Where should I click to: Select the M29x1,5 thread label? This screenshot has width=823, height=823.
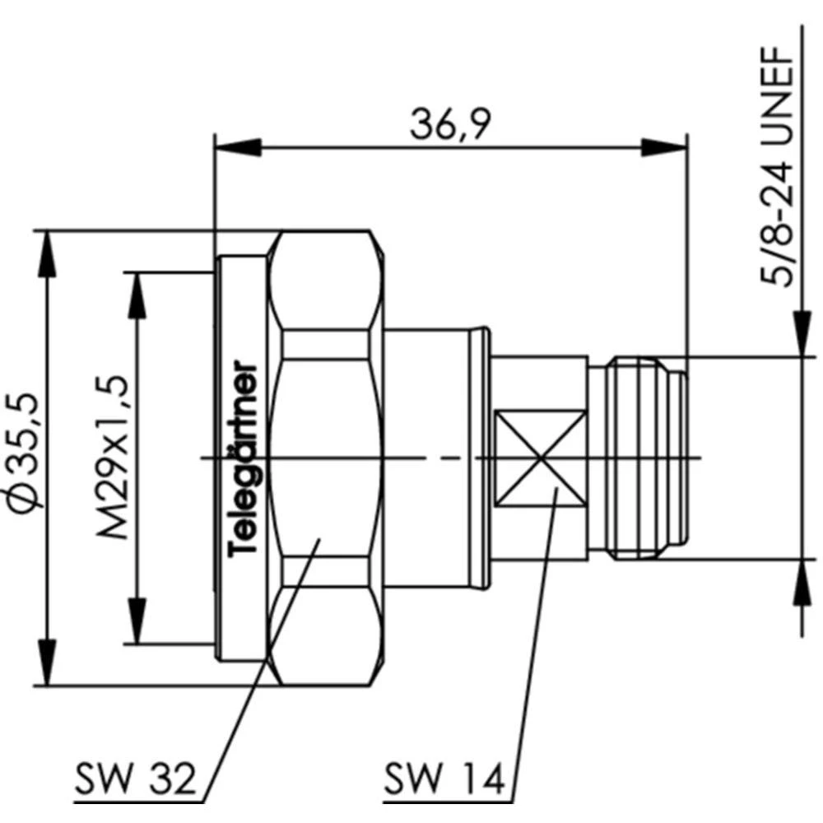click(x=113, y=456)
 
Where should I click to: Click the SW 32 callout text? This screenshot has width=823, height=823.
click(x=136, y=776)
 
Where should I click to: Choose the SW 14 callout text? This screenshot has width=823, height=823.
click(x=444, y=776)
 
